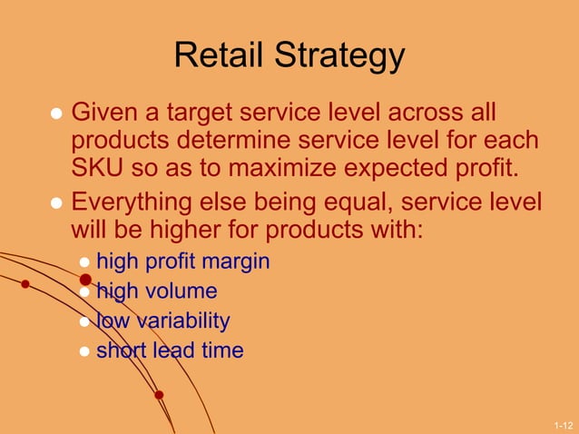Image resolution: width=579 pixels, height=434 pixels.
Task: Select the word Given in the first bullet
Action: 107,113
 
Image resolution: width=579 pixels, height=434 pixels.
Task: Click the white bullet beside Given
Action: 56,115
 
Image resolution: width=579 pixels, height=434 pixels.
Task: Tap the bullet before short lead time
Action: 84,351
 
